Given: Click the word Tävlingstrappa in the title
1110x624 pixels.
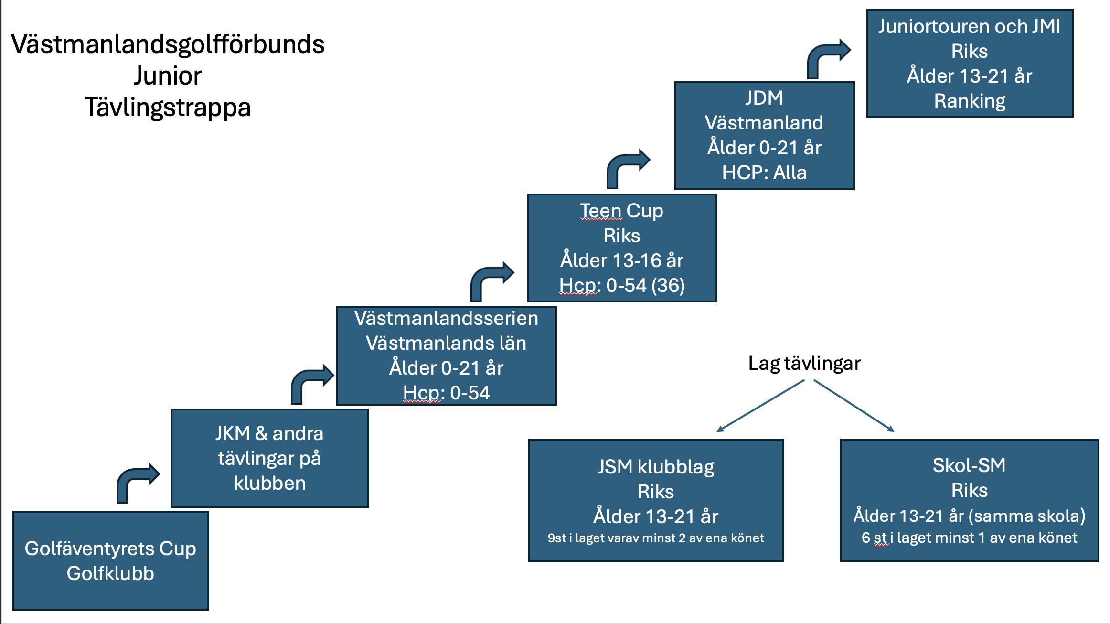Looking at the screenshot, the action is tap(168, 108).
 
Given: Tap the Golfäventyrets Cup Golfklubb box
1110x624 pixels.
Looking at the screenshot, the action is tap(111, 560).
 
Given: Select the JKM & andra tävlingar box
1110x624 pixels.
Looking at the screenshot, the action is tap(270, 458).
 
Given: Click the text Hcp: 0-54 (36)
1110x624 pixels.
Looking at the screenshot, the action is tap(622, 285).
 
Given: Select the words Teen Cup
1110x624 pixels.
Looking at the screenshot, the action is tap(622, 211).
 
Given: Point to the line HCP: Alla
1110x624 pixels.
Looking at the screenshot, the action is tap(764, 172).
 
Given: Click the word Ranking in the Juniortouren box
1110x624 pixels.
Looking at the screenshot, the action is tap(970, 101).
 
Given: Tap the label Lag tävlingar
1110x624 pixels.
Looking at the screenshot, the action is tap(804, 364).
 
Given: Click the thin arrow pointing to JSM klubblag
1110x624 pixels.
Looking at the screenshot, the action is tap(760, 406).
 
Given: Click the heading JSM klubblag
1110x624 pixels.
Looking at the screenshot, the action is tap(656, 467).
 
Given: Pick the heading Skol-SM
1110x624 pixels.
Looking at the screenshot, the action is tap(969, 465).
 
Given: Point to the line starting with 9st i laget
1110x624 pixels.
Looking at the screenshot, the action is tap(656, 538).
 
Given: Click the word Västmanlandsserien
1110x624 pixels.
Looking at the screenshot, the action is tap(446, 318).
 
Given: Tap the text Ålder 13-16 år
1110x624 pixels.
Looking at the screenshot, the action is tap(622, 260).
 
